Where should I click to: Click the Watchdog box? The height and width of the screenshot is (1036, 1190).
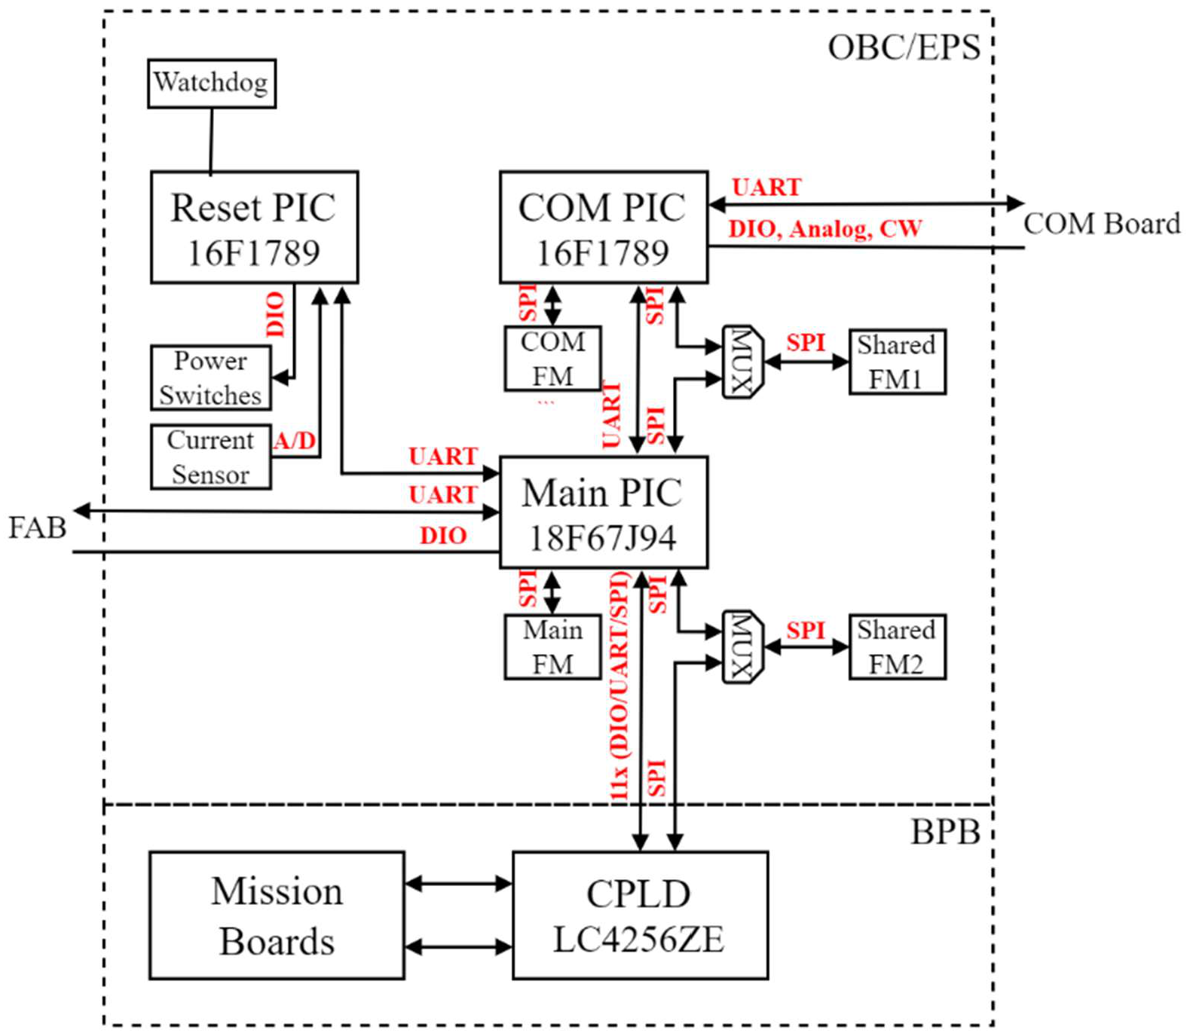211,83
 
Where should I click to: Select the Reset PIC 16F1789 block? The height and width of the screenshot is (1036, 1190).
254,228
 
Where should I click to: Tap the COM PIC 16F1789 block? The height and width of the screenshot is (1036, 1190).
603,228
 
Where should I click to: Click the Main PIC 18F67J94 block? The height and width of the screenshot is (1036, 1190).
603,512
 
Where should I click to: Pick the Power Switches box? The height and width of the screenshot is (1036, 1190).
210,377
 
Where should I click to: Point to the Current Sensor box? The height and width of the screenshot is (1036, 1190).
210,457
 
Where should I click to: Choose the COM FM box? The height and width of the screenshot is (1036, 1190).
552,359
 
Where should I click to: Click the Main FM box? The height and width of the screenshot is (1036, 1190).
552,647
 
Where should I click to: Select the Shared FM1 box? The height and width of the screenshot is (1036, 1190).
897,362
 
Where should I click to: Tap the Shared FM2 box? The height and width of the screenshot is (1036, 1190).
897,647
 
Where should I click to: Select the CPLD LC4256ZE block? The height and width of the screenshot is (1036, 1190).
640,915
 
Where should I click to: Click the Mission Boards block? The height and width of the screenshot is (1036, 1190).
277,915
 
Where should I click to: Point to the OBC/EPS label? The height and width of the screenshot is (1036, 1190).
904,47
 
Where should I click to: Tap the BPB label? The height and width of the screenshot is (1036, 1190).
945,833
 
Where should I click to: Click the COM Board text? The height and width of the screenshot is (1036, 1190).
1101,224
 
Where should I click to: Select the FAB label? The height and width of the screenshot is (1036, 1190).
37,527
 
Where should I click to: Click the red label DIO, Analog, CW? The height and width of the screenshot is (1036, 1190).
824,228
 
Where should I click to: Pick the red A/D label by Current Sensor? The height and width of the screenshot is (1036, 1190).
295,440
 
